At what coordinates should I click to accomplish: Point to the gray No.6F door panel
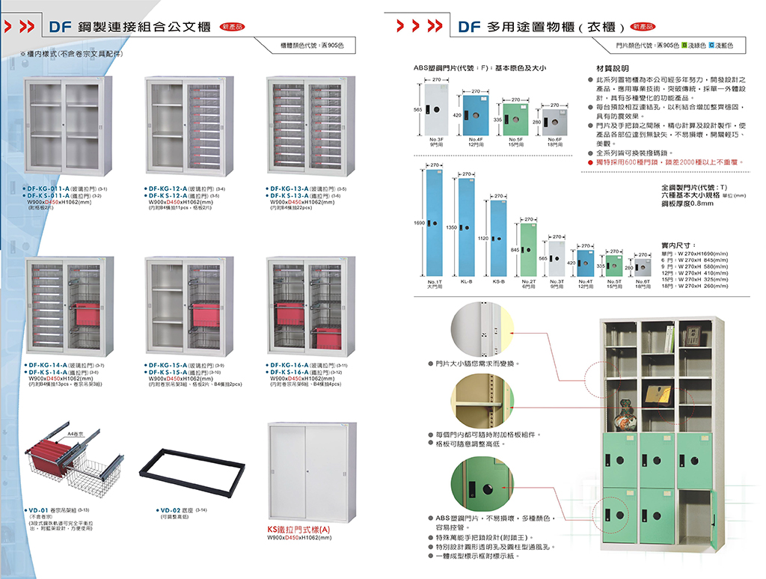[554, 121]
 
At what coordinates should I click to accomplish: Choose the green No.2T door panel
[528, 250]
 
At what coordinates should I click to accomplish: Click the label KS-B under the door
[498, 281]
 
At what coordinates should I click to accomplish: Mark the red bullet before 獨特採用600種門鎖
[590, 162]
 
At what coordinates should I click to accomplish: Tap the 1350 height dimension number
[451, 227]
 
